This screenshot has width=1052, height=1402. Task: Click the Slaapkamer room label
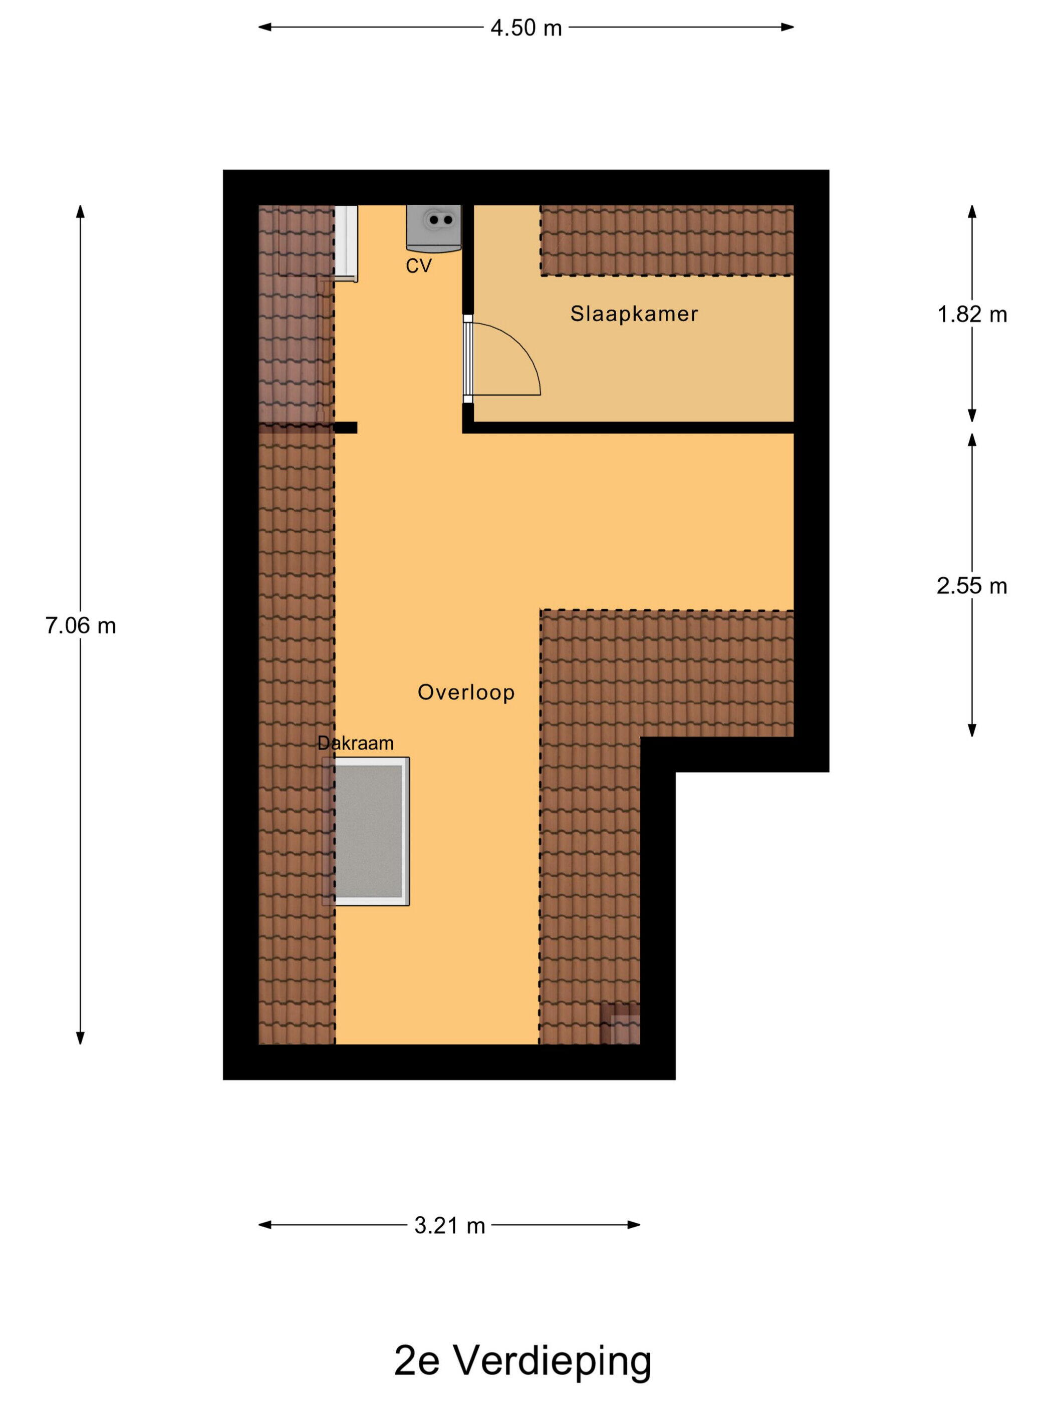coord(634,314)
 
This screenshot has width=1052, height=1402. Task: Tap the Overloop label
coord(466,692)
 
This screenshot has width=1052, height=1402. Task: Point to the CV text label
coord(418,266)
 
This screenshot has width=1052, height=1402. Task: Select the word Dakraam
coord(355,743)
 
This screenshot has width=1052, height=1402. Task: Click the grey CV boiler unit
coord(434,228)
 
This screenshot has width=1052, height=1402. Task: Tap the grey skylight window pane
coord(368,831)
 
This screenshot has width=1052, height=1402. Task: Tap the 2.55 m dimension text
coord(971,586)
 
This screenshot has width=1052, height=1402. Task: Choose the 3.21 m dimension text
coord(449,1226)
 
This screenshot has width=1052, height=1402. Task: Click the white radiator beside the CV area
coord(346,243)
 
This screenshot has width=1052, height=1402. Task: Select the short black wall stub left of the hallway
coord(346,428)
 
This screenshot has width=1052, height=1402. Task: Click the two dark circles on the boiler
coord(441,220)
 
